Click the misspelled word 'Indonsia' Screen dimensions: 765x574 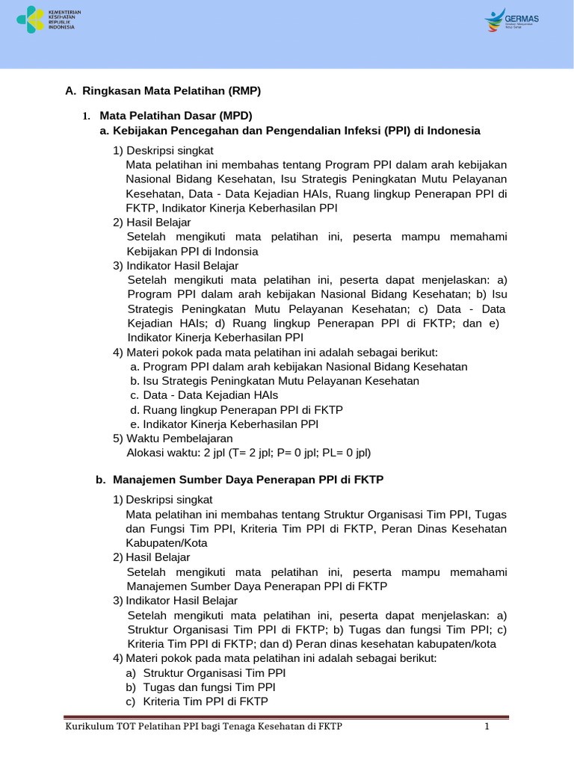[235, 251]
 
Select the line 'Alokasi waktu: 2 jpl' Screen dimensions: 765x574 [248, 452]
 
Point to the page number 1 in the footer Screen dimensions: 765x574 [487, 727]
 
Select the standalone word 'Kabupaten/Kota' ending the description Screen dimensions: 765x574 [167, 543]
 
